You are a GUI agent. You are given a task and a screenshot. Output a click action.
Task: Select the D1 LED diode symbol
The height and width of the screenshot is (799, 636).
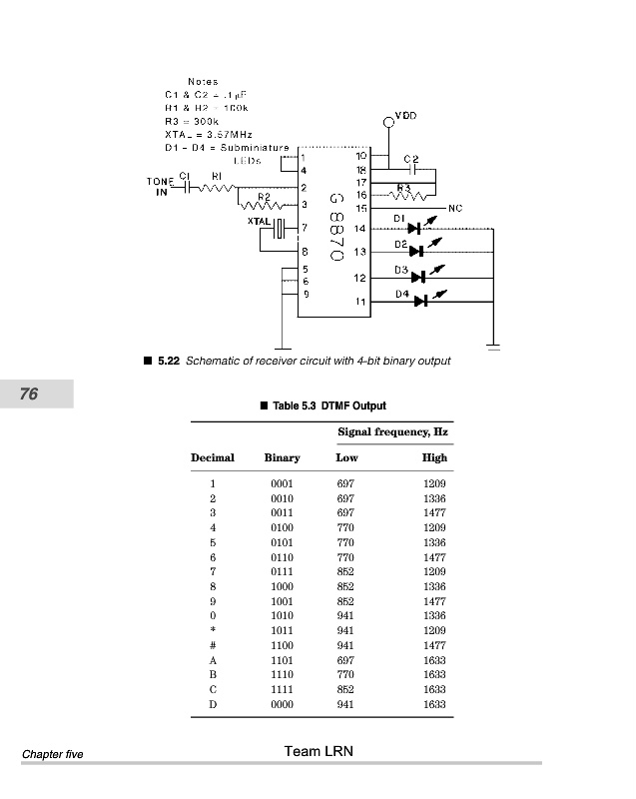(x=415, y=229)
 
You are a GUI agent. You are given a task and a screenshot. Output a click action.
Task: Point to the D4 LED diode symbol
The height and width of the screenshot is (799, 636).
(x=421, y=301)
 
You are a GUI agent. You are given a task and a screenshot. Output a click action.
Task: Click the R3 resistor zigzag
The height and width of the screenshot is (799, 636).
(x=403, y=195)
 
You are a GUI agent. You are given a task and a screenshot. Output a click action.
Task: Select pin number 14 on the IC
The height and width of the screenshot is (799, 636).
(x=360, y=229)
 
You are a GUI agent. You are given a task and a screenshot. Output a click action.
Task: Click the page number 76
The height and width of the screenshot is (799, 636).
(x=29, y=395)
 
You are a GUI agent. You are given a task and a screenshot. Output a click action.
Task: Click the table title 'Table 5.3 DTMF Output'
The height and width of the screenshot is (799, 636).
(x=328, y=405)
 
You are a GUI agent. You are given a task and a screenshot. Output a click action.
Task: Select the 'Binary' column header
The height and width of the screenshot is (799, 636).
(x=282, y=457)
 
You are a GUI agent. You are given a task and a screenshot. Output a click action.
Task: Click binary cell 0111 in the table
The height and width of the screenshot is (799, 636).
(x=282, y=572)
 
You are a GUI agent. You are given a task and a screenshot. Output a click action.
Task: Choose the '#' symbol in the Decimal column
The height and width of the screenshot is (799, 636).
(x=213, y=646)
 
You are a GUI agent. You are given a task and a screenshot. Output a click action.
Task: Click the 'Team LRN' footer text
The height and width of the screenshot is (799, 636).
(x=318, y=751)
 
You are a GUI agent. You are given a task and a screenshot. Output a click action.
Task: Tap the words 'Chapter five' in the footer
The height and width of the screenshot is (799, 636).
(x=52, y=754)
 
